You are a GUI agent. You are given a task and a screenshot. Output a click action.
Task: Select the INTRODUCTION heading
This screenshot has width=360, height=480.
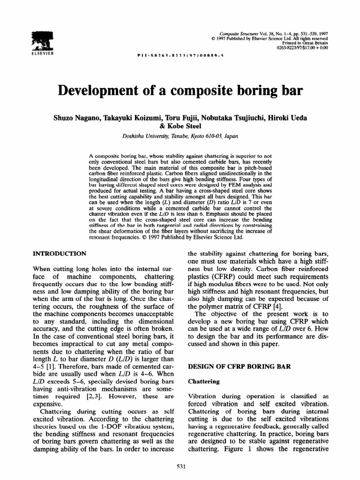click(59, 254)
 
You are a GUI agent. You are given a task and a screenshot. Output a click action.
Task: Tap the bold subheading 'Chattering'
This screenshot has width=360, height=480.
click(204, 382)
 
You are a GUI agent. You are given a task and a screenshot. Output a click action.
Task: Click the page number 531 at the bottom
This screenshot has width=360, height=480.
click(180, 465)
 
